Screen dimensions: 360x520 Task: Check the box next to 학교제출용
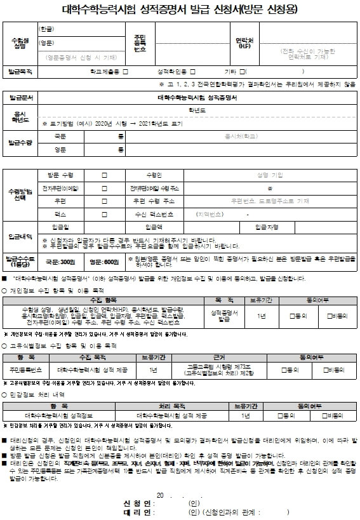pos(126,72)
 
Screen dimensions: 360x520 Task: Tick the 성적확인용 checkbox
pos(192,72)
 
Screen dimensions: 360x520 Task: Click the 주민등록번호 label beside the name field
pos(140,43)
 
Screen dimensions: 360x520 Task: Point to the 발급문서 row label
pos(21,98)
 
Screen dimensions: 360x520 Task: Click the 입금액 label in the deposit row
pos(154,227)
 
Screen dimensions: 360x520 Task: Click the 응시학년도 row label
pos(21,116)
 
